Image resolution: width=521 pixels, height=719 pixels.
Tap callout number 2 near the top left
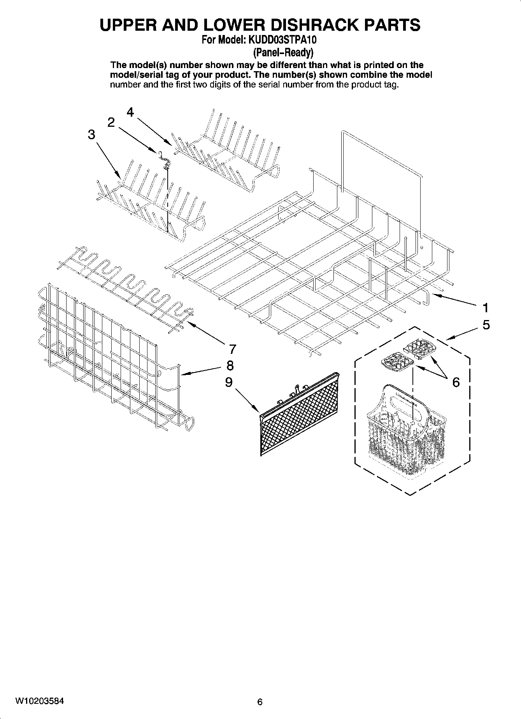pos(111,122)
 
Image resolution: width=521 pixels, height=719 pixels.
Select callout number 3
pos(91,135)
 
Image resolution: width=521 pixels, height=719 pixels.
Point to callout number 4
pos(130,112)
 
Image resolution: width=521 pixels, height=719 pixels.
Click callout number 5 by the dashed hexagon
pos(486,325)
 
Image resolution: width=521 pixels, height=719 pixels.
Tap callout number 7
pos(232,349)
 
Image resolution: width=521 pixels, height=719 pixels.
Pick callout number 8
pos(230,366)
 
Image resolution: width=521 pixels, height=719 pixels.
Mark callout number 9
pos(229,382)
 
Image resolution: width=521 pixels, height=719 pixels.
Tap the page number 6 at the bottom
pos(260,702)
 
